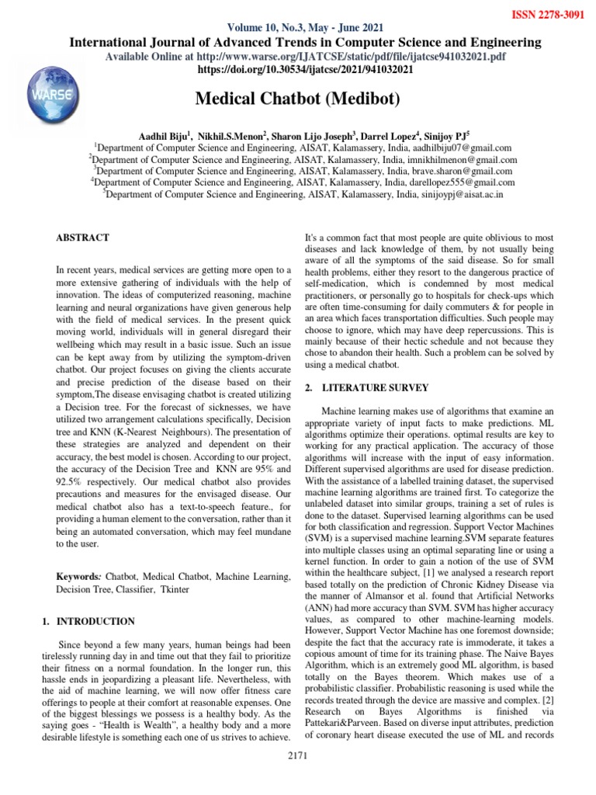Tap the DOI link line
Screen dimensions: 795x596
pyautogui.click(x=307, y=69)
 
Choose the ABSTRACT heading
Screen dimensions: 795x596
pyautogui.click(x=82, y=238)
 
